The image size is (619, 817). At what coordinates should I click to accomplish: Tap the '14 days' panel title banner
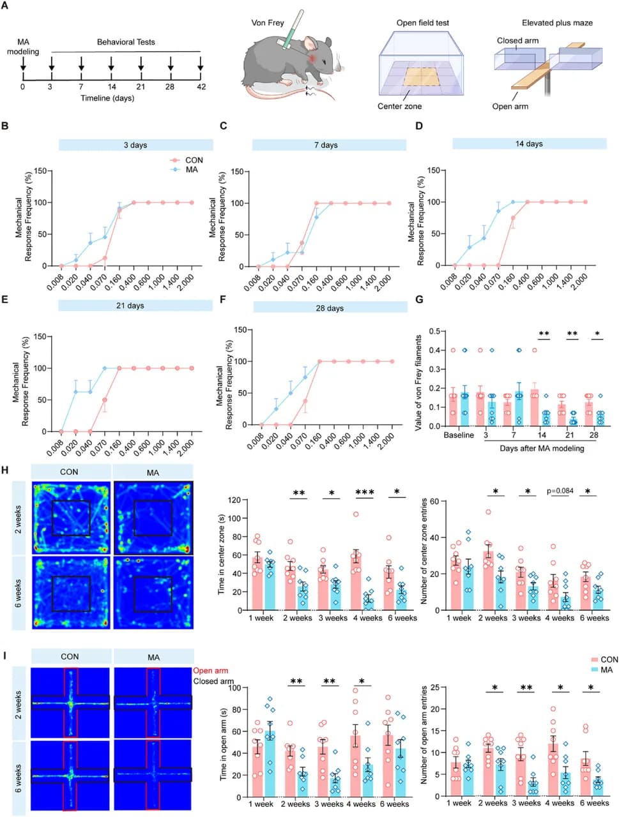click(529, 144)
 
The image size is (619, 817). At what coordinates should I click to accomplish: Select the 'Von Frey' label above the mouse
click(267, 23)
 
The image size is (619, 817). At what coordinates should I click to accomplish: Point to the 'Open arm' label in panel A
click(510, 107)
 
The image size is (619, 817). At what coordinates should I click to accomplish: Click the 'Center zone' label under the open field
click(399, 107)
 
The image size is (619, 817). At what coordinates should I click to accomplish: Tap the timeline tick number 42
click(201, 87)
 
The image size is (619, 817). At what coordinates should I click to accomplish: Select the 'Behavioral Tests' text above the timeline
click(126, 42)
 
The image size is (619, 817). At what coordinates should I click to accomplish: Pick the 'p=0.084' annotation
click(560, 491)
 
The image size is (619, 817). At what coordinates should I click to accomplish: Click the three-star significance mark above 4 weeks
click(365, 493)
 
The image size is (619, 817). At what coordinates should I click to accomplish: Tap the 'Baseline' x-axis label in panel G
click(459, 435)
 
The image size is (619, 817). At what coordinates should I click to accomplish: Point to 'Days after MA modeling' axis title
click(542, 448)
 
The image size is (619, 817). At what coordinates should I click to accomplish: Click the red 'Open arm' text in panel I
click(210, 671)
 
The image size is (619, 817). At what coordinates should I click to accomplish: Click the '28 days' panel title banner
click(330, 308)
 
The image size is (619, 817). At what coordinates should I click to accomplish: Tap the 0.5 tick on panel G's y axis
click(435, 331)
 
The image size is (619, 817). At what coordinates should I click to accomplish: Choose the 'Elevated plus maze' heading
click(557, 23)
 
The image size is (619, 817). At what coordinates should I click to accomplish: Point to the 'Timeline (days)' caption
click(107, 98)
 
